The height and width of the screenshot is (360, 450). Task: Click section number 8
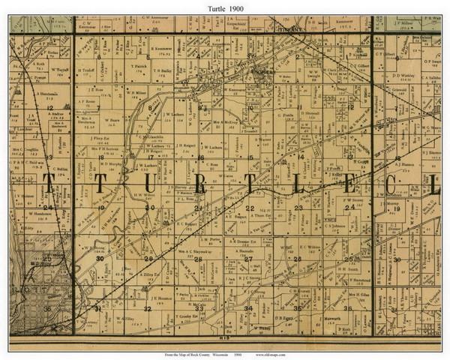[151, 107]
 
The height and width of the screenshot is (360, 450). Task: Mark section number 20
[151, 208]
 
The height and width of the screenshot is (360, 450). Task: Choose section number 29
[148, 258]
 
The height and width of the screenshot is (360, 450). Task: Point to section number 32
[148, 308]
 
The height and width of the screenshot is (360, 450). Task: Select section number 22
[250, 208]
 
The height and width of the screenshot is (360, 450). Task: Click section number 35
[298, 308]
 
